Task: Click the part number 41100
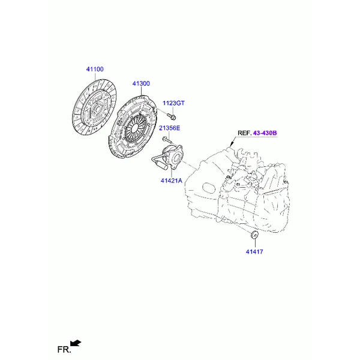(x=95, y=69)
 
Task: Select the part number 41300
(x=141, y=83)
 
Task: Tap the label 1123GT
(x=173, y=103)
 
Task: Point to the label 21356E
(x=170, y=128)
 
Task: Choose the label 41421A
(x=171, y=181)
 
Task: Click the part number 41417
(x=254, y=251)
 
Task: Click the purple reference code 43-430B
(x=265, y=133)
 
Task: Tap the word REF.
(x=244, y=133)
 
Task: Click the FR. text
(x=64, y=350)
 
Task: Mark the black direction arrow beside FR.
(x=76, y=343)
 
